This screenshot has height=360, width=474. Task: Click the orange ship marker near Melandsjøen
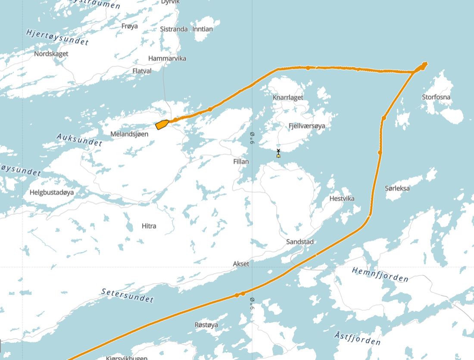tap(162, 125)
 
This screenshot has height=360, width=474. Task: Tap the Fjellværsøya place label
tap(307, 126)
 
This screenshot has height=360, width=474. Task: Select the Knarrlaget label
tap(288, 97)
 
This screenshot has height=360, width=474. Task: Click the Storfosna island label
tap(436, 97)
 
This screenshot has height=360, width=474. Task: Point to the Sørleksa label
tap(397, 188)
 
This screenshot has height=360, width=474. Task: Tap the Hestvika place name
tap(342, 198)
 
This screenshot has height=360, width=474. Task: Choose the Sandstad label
tap(300, 242)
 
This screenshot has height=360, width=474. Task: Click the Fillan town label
tap(241, 161)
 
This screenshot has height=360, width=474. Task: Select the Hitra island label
tap(149, 226)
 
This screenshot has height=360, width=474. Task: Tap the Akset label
tap(241, 263)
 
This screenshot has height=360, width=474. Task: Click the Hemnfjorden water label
tap(380, 274)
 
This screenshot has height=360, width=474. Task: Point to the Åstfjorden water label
tap(358, 338)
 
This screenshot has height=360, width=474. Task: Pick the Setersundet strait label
tap(128, 295)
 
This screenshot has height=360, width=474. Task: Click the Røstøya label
tap(206, 325)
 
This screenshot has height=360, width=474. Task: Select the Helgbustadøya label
tap(52, 192)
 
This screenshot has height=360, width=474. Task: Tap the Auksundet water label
tap(79, 139)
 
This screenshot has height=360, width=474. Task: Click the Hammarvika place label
tap(167, 58)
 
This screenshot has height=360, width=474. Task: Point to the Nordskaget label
tap(51, 54)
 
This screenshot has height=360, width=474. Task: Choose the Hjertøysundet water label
tap(57, 37)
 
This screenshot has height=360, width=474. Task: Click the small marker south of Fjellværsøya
tap(278, 153)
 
